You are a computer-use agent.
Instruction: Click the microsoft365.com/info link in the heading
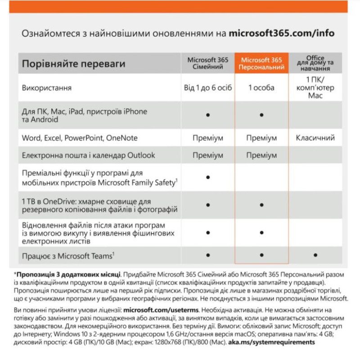point(282,33)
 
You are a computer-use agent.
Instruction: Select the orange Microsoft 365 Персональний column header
point(261,63)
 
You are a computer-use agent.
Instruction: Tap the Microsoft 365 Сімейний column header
point(207,63)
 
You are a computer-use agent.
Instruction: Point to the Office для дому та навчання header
point(315,63)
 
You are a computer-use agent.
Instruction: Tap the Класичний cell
point(315,138)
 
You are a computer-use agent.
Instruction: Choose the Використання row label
point(47,88)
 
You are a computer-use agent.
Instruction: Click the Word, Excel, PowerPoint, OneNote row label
point(80,138)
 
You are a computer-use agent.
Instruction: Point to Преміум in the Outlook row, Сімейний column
point(207,155)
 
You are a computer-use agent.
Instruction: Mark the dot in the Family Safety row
point(208,178)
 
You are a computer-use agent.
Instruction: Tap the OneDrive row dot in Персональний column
point(261,205)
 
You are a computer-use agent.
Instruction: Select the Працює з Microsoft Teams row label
point(68,256)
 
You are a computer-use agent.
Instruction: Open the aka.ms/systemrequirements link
point(276,342)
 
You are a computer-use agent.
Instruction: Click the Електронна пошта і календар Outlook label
point(88,155)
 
